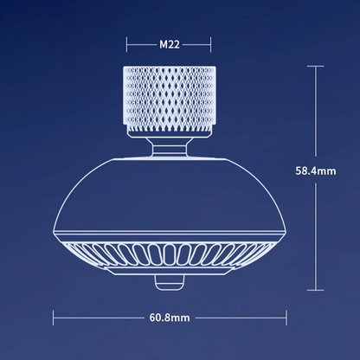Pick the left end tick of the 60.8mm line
(x=54, y=318)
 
